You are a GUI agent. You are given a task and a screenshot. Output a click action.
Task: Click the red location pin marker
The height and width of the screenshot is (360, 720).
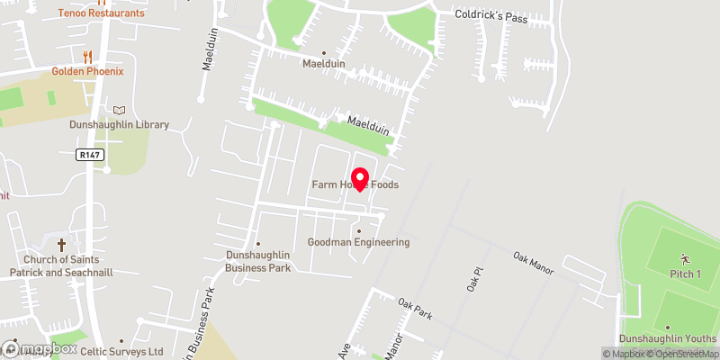click(360, 179)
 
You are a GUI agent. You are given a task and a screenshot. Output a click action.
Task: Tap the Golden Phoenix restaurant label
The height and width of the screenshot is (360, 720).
click(87, 71)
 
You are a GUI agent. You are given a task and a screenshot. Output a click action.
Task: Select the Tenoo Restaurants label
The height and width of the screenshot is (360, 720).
click(100, 13)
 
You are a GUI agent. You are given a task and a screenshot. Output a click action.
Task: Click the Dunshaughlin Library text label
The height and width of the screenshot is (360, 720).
click(120, 125)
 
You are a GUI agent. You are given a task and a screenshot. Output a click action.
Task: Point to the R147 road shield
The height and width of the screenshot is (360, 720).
click(90, 155)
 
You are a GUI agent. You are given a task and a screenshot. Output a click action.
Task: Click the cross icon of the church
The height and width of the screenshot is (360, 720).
click(62, 244)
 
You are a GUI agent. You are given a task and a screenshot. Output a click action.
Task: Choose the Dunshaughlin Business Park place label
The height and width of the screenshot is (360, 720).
click(257, 261)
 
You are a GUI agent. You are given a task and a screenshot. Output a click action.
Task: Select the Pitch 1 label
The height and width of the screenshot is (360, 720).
click(685, 273)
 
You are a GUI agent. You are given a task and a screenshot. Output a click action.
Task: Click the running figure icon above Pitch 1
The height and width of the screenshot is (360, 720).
click(685, 258)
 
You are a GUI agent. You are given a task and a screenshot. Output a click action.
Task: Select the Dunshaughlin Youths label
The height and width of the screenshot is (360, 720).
click(668, 339)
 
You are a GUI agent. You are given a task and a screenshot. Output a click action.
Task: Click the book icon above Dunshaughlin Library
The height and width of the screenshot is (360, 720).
click(120, 110)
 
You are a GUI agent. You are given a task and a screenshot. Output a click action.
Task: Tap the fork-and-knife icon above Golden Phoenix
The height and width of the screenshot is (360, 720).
click(87, 56)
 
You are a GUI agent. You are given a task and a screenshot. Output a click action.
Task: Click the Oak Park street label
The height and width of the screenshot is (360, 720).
click(416, 308)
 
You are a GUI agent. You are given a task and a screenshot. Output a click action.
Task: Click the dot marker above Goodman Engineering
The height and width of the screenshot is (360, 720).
click(359, 230)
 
